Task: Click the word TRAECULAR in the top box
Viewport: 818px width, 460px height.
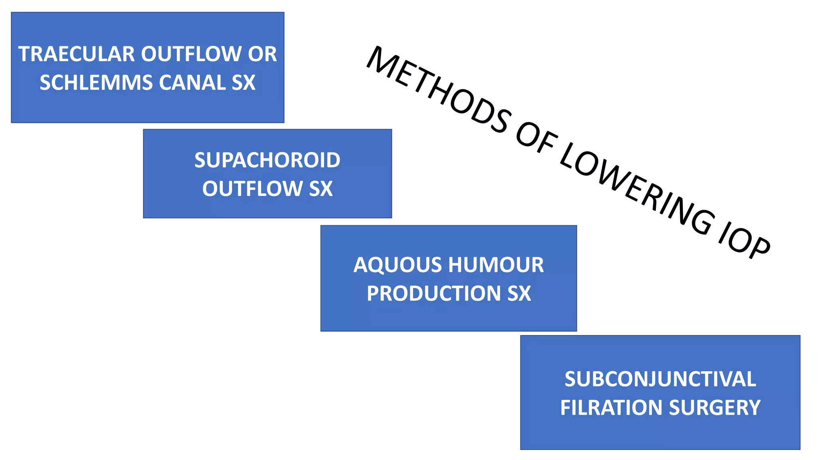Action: coord(77,54)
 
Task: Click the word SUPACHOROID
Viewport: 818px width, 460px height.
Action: coord(267,160)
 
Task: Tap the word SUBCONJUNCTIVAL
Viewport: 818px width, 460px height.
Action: coord(660,379)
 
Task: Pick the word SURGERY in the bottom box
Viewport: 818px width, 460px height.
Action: coord(715,408)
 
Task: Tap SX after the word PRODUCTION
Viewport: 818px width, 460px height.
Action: coord(519,293)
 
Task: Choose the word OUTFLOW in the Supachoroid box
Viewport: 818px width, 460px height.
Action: coord(252,188)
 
